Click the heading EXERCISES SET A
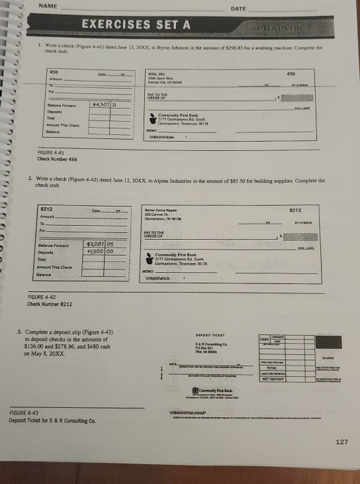coord(136,25)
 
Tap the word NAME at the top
coord(47,6)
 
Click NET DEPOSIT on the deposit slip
coord(271,379)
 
